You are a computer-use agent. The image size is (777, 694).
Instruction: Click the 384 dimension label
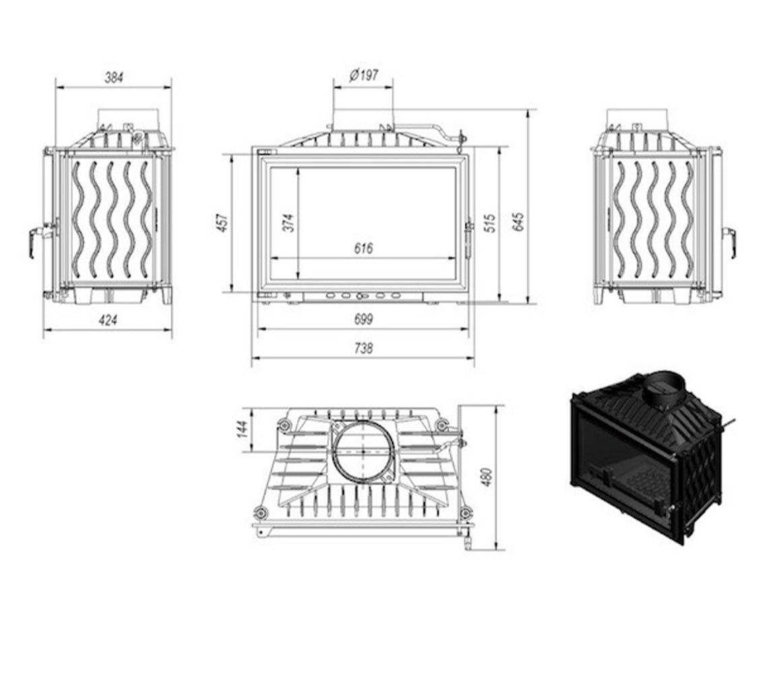[x=113, y=77]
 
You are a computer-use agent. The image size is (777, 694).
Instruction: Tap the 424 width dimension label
[x=108, y=320]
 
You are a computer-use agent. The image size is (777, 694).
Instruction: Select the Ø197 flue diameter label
[x=364, y=75]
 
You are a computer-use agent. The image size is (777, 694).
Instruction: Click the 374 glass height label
[x=288, y=223]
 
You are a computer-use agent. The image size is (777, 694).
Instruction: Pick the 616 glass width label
[x=363, y=248]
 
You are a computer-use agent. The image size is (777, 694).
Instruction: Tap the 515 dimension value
[x=489, y=224]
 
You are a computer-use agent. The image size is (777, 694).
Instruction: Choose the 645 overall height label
[x=518, y=222]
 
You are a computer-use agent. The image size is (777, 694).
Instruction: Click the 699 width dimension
[x=363, y=319]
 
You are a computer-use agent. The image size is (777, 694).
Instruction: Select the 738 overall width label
[x=363, y=348]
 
